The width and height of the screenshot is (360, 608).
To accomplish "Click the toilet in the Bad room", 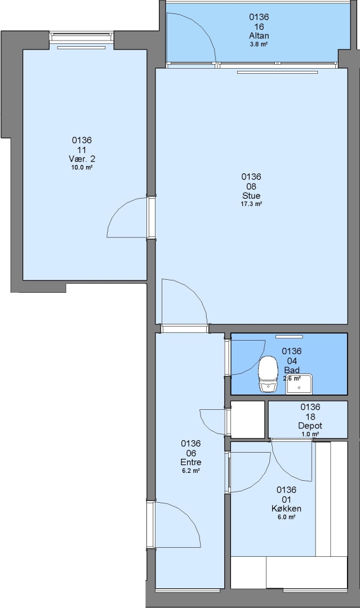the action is (268, 374).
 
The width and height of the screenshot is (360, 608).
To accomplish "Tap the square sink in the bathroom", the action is (299, 385).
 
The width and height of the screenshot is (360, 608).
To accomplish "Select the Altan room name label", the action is (259, 35).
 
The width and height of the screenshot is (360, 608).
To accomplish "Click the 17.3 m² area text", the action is (251, 204).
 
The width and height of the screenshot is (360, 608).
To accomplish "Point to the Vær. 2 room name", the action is (82, 159).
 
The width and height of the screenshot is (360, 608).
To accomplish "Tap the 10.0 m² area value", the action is (82, 168).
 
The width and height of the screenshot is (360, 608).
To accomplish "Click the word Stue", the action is (251, 195).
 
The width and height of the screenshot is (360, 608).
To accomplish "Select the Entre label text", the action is (191, 462).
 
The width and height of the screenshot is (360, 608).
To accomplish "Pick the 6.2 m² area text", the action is (191, 471).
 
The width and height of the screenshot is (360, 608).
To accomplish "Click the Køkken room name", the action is (287, 508).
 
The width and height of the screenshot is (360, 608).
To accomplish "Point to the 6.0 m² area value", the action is (287, 517).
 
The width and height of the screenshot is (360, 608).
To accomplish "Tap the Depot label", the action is (310, 426).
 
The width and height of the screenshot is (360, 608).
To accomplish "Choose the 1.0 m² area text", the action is (310, 434).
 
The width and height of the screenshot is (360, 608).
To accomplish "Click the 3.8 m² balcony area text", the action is (259, 44).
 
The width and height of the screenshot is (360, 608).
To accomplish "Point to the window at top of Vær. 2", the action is (82, 37).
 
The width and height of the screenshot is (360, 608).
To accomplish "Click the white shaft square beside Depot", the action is (247, 419).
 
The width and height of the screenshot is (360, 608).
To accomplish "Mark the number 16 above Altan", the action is (259, 26).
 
